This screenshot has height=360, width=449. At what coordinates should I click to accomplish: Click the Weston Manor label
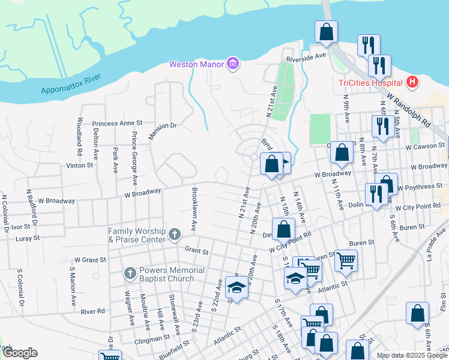click(196, 64)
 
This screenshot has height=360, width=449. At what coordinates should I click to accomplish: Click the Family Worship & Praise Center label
click(137, 235)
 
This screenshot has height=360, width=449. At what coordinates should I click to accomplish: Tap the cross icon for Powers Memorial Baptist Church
click(130, 274)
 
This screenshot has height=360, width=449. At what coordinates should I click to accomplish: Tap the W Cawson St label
click(426, 146)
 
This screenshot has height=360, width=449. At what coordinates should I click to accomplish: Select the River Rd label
click(92, 311)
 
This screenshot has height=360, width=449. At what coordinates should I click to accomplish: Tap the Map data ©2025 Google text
click(411, 355)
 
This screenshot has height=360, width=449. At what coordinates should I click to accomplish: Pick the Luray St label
click(28, 238)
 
